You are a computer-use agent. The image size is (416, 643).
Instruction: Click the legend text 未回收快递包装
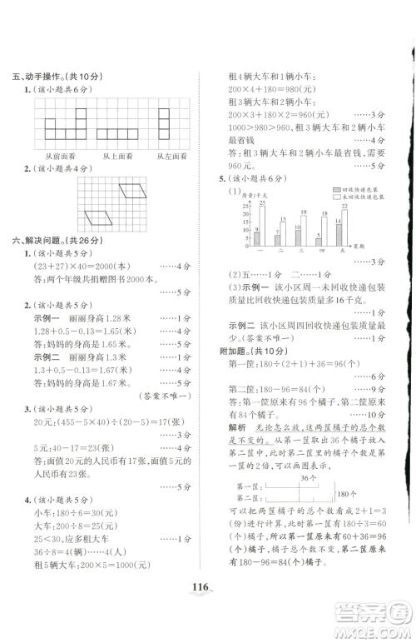[x=367, y=197]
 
